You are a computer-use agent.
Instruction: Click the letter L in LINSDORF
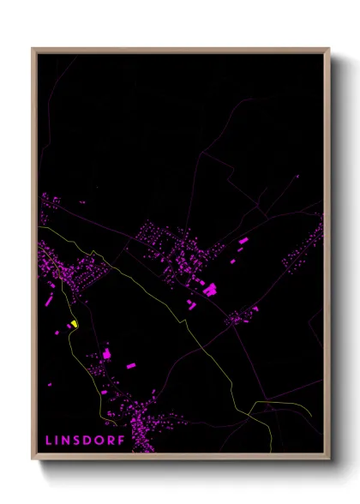[x=49, y=440]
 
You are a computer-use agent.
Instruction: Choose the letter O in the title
[x=101, y=440]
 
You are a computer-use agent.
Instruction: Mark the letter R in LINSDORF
[x=112, y=440]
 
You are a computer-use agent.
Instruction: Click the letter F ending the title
[x=122, y=440]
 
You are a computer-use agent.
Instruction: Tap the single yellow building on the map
[x=75, y=324]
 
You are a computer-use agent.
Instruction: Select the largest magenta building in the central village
[x=210, y=290]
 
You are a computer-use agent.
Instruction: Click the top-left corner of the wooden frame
[x=33, y=49]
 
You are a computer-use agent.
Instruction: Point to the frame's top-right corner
[x=329, y=49]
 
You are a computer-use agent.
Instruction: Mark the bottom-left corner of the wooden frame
[x=33, y=459]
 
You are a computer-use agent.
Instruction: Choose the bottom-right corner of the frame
[x=329, y=459]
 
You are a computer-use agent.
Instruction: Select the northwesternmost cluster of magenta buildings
[x=50, y=207]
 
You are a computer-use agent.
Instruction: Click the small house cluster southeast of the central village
[x=238, y=318]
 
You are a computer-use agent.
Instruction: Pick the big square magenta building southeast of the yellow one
[x=106, y=352]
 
